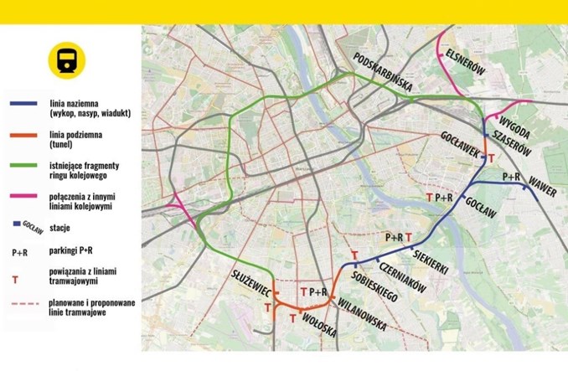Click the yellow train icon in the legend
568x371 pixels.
(65, 59)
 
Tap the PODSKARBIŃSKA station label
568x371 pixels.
(383, 71)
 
